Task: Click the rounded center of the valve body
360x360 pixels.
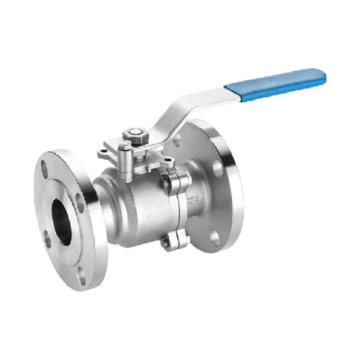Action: click(137, 209)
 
